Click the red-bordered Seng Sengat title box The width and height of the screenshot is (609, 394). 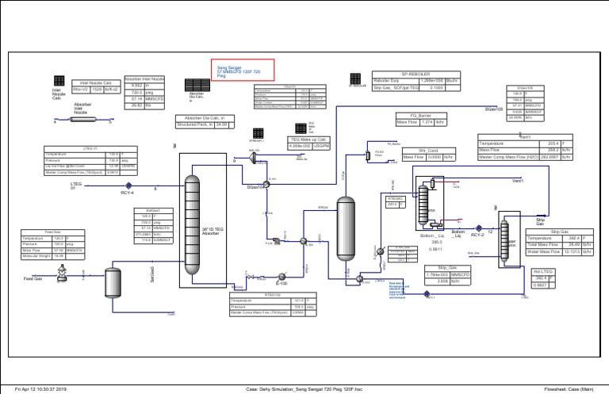click(242, 71)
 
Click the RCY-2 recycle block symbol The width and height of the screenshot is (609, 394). click(477, 225)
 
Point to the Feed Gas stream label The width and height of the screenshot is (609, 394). click(33, 279)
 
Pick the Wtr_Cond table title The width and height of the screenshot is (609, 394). click(428, 149)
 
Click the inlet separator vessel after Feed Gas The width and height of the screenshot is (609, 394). click(113, 283)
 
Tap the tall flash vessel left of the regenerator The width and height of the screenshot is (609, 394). click(346, 224)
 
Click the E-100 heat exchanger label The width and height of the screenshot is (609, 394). click(282, 282)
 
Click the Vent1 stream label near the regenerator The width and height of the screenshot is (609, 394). click(518, 182)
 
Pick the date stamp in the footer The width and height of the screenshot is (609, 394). click(36, 388)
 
